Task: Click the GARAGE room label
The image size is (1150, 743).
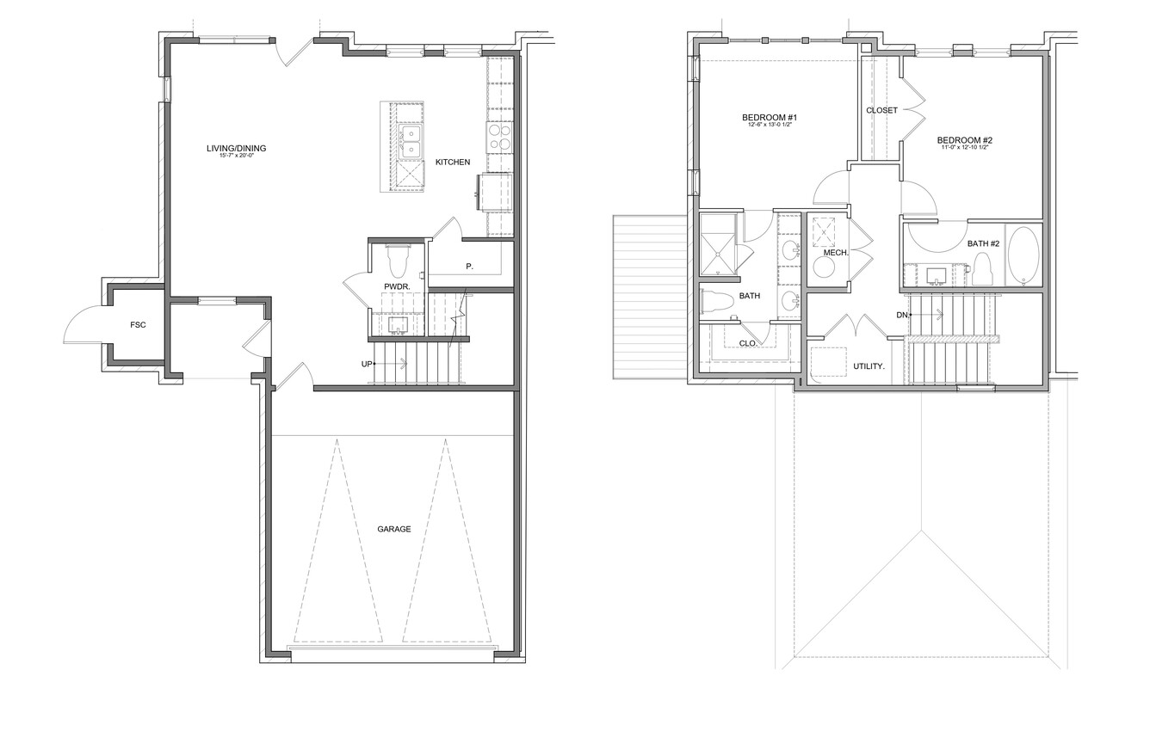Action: [x=393, y=529]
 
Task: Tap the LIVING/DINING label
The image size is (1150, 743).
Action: [x=236, y=149]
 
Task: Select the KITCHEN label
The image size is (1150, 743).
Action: [x=453, y=162]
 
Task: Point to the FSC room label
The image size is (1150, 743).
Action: [x=138, y=324]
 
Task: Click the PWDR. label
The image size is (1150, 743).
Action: [x=397, y=286]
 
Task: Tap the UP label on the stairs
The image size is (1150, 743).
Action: [x=367, y=364]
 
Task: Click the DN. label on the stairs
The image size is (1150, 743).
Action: [x=903, y=315]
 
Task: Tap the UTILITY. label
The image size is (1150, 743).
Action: [x=869, y=366]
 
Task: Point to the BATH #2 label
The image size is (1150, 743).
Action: [x=983, y=243]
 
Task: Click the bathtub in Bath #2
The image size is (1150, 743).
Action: [x=1023, y=256]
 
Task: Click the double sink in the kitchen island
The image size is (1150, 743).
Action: [x=411, y=142]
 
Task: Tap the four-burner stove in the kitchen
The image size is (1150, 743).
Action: [x=499, y=137]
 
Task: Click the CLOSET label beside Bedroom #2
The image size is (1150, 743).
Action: [x=881, y=110]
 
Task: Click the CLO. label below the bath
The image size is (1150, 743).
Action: [x=748, y=343]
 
